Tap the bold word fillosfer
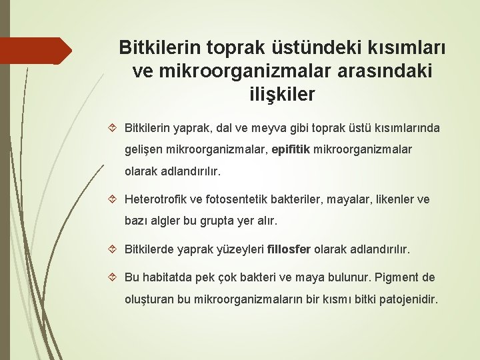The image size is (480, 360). (x=289, y=250)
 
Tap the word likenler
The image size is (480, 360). (x=393, y=199)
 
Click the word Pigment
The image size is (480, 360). (x=397, y=277)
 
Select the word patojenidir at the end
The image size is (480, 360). (x=408, y=299)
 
